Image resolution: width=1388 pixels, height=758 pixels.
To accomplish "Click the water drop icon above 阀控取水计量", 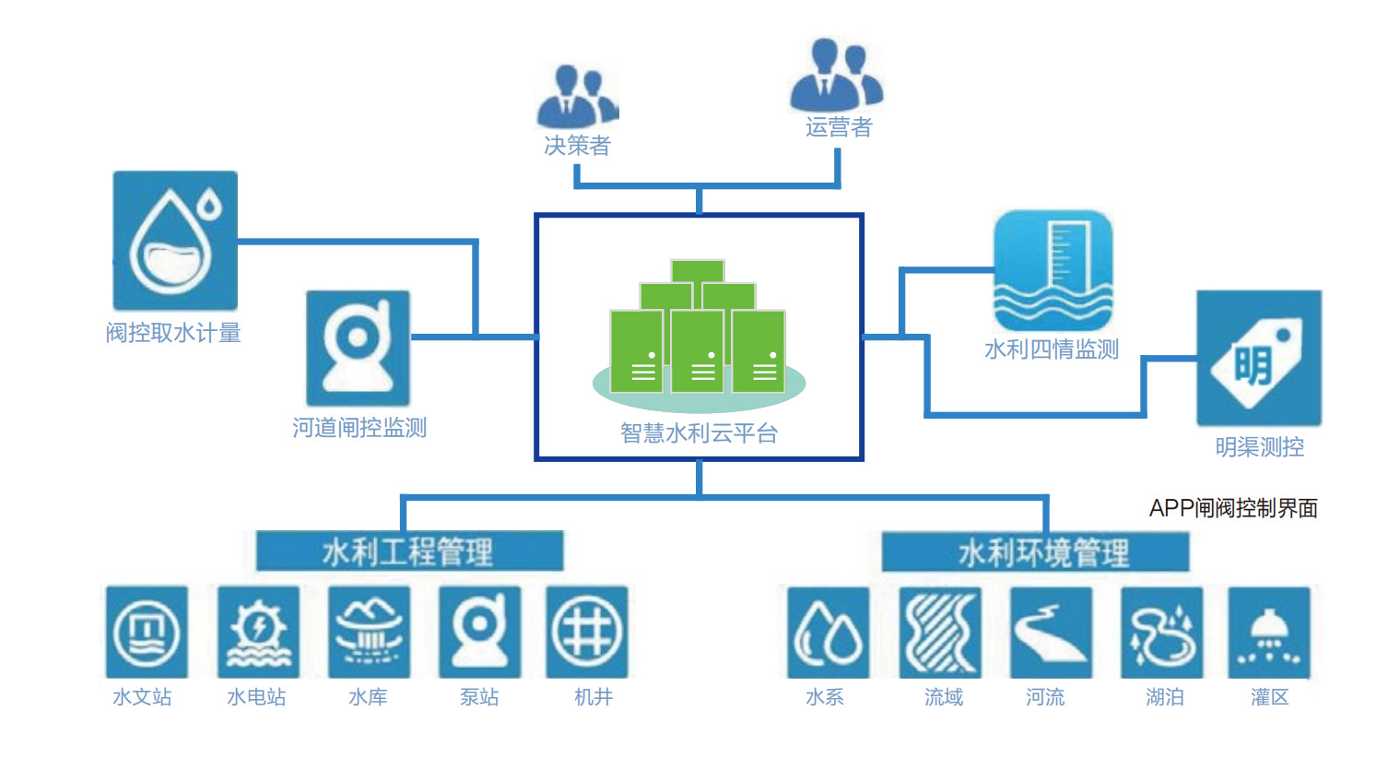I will pyautogui.click(x=175, y=241).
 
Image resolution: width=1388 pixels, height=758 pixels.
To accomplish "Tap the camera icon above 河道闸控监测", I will pyautogui.click(x=358, y=348).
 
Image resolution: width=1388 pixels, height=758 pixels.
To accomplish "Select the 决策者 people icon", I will pyautogui.click(x=577, y=97).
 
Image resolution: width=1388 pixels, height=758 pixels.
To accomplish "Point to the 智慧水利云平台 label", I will pyautogui.click(x=699, y=432).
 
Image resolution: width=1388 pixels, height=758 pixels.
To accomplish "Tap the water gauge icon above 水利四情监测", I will pyautogui.click(x=1053, y=270).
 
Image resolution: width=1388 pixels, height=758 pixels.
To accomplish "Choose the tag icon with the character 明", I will pyautogui.click(x=1258, y=359).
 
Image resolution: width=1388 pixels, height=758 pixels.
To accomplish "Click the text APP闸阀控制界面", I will pyautogui.click(x=1232, y=508).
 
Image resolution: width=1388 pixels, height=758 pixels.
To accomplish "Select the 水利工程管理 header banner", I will pyautogui.click(x=409, y=551).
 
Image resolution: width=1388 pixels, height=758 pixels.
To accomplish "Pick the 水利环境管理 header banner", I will pyautogui.click(x=1035, y=552).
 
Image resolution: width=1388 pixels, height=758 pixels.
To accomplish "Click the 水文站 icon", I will pyautogui.click(x=147, y=633).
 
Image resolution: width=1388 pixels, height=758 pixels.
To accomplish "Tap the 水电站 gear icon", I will pyautogui.click(x=258, y=633).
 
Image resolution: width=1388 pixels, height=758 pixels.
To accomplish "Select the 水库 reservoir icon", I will pyautogui.click(x=369, y=633).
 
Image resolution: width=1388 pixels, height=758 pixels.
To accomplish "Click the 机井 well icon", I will pyautogui.click(x=587, y=633).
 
